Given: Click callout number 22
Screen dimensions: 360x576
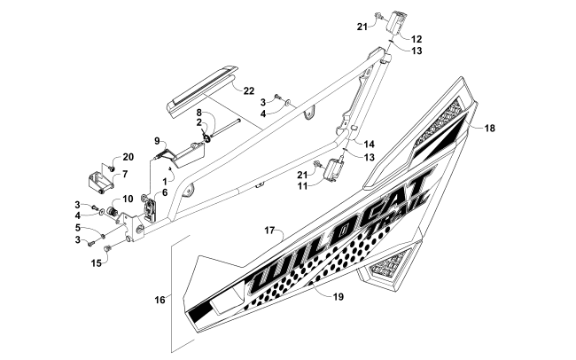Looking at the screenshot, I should tap(249, 90).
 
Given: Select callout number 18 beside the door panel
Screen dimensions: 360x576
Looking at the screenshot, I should tap(489, 129).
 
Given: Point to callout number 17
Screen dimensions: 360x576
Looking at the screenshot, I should tap(269, 230).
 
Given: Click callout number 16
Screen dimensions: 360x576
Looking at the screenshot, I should tap(160, 301).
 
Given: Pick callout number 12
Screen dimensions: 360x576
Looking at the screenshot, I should tap(416, 39).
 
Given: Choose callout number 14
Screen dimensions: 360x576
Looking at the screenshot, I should tap(370, 143).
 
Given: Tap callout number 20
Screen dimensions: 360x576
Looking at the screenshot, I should tap(128, 157).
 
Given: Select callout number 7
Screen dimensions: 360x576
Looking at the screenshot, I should tap(124, 174).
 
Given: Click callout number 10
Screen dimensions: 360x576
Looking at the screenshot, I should tap(128, 199).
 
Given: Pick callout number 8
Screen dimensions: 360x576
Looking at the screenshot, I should tap(199, 112).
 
